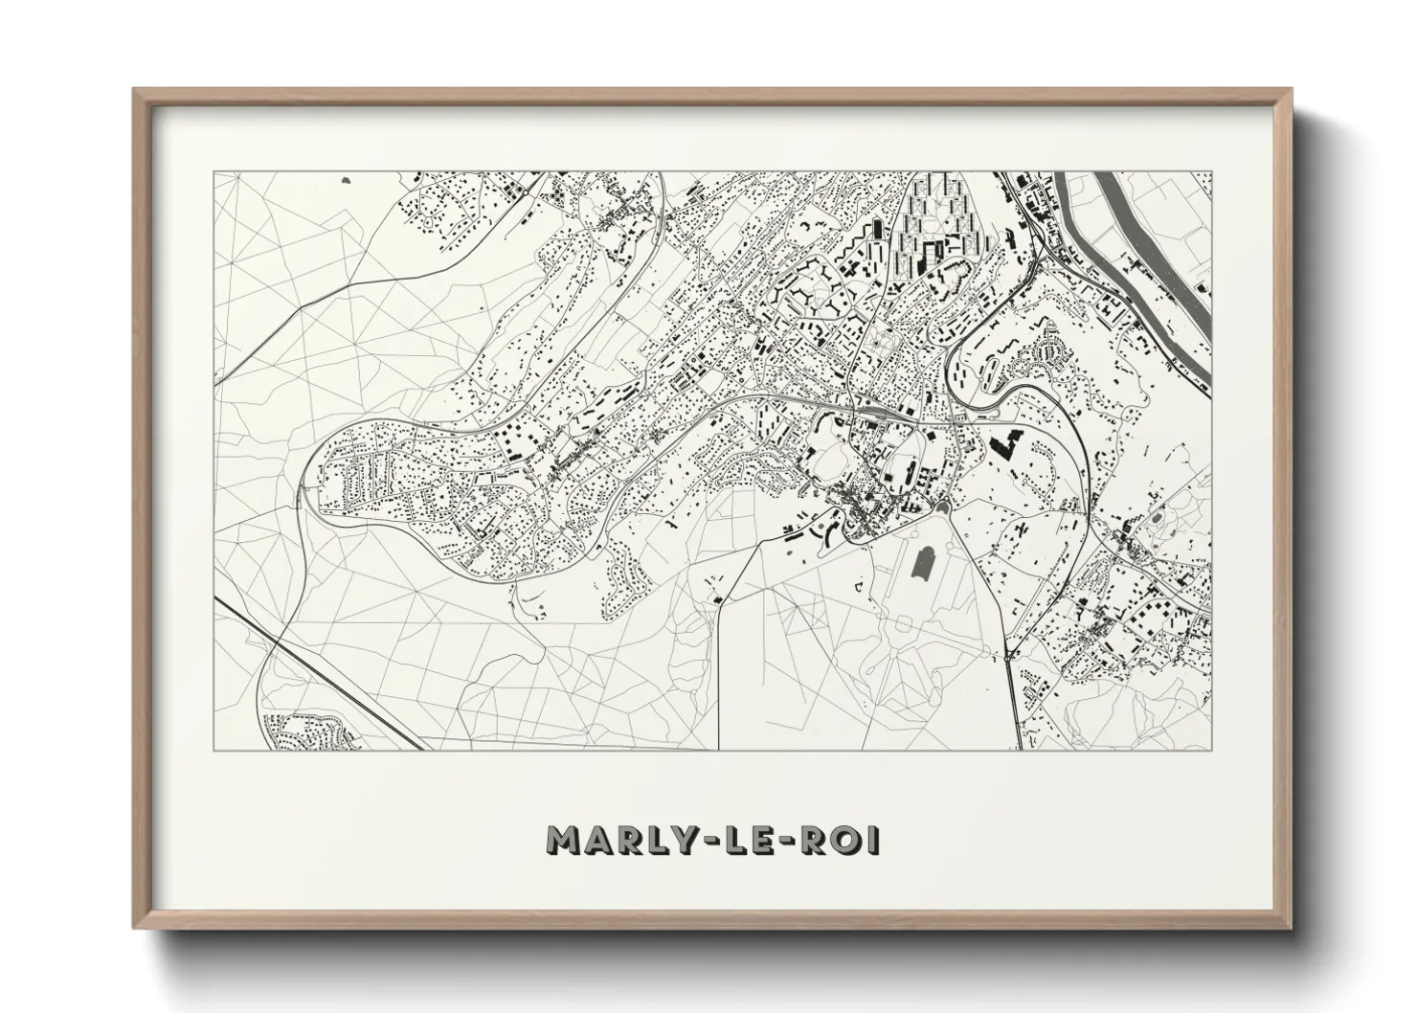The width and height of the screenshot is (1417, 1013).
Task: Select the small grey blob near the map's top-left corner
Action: pyautogui.click(x=346, y=178)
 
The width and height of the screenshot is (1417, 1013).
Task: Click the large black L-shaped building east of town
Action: pyautogui.click(x=1008, y=445)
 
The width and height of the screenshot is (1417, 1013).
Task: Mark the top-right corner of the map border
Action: pyautogui.click(x=1210, y=172)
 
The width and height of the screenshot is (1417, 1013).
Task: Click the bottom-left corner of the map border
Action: pyautogui.click(x=214, y=750)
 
